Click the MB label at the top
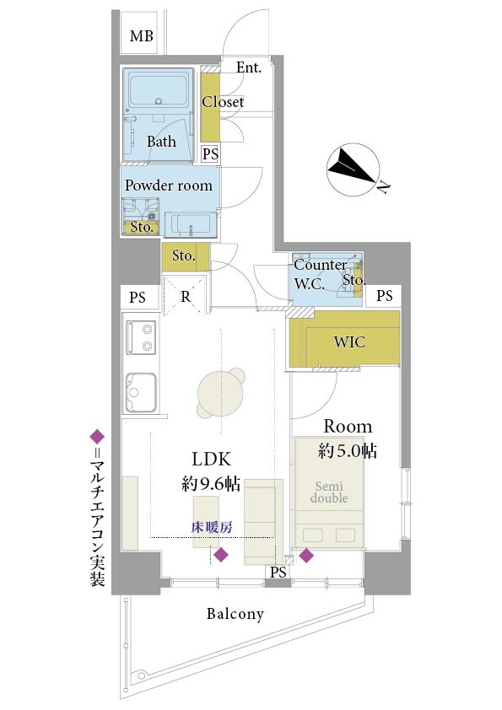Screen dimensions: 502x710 click(142, 35)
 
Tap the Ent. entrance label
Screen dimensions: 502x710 click(249, 67)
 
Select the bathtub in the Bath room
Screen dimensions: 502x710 click(159, 89)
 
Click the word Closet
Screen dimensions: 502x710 click(223, 102)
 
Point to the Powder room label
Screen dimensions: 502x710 click(169, 186)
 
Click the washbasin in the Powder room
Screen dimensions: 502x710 click(191, 224)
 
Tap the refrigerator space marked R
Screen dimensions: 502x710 click(186, 296)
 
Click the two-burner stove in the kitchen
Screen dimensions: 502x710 click(141, 338)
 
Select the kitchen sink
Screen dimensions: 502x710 click(142, 393)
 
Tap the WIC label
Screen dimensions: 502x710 click(349, 342)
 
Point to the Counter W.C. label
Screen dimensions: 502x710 click(321, 274)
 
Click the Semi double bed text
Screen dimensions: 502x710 click(329, 492)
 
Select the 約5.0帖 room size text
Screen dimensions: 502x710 click(348, 451)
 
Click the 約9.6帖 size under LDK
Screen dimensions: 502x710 click(211, 484)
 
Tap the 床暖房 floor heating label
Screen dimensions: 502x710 click(212, 527)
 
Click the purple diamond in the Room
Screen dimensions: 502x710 click(306, 555)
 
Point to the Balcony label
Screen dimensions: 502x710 click(235, 614)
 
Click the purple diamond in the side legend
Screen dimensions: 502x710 click(97, 437)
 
